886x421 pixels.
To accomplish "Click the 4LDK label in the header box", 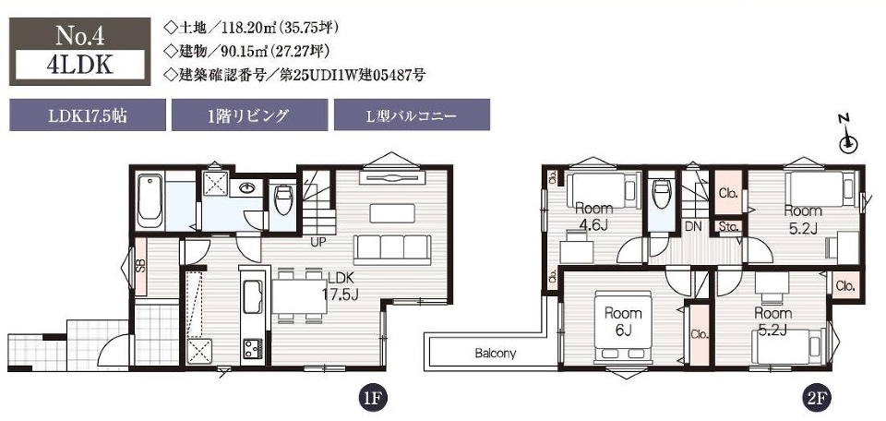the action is click(80, 65).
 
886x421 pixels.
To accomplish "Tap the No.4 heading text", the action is click(80, 36).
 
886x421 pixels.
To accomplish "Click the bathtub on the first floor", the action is click(150, 200).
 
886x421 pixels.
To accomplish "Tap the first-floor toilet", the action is click(282, 198).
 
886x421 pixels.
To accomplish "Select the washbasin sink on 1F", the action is click(247, 188).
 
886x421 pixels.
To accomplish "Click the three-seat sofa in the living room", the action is click(392, 249).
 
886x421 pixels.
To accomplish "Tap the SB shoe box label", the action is click(140, 264).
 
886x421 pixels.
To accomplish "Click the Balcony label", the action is click(495, 355).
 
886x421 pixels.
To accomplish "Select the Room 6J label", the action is click(623, 321).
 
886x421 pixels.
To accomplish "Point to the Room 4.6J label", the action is click(593, 216).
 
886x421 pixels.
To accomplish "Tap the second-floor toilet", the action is click(662, 194).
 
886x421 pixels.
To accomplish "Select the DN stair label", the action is click(693, 227).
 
